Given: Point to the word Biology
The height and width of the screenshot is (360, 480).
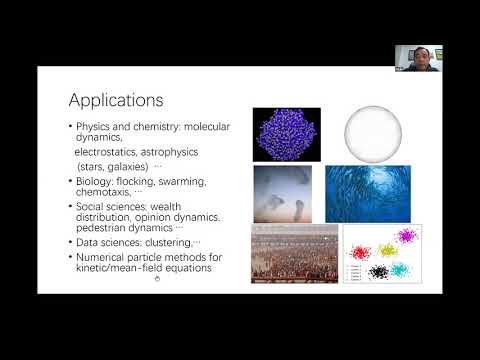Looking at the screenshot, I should point(94,181).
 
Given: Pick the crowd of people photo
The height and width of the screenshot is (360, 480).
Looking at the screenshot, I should point(294,255).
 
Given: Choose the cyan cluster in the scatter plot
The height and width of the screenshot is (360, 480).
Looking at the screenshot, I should point(399,270).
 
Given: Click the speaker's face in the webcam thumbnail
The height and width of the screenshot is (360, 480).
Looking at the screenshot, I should point(418,56).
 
